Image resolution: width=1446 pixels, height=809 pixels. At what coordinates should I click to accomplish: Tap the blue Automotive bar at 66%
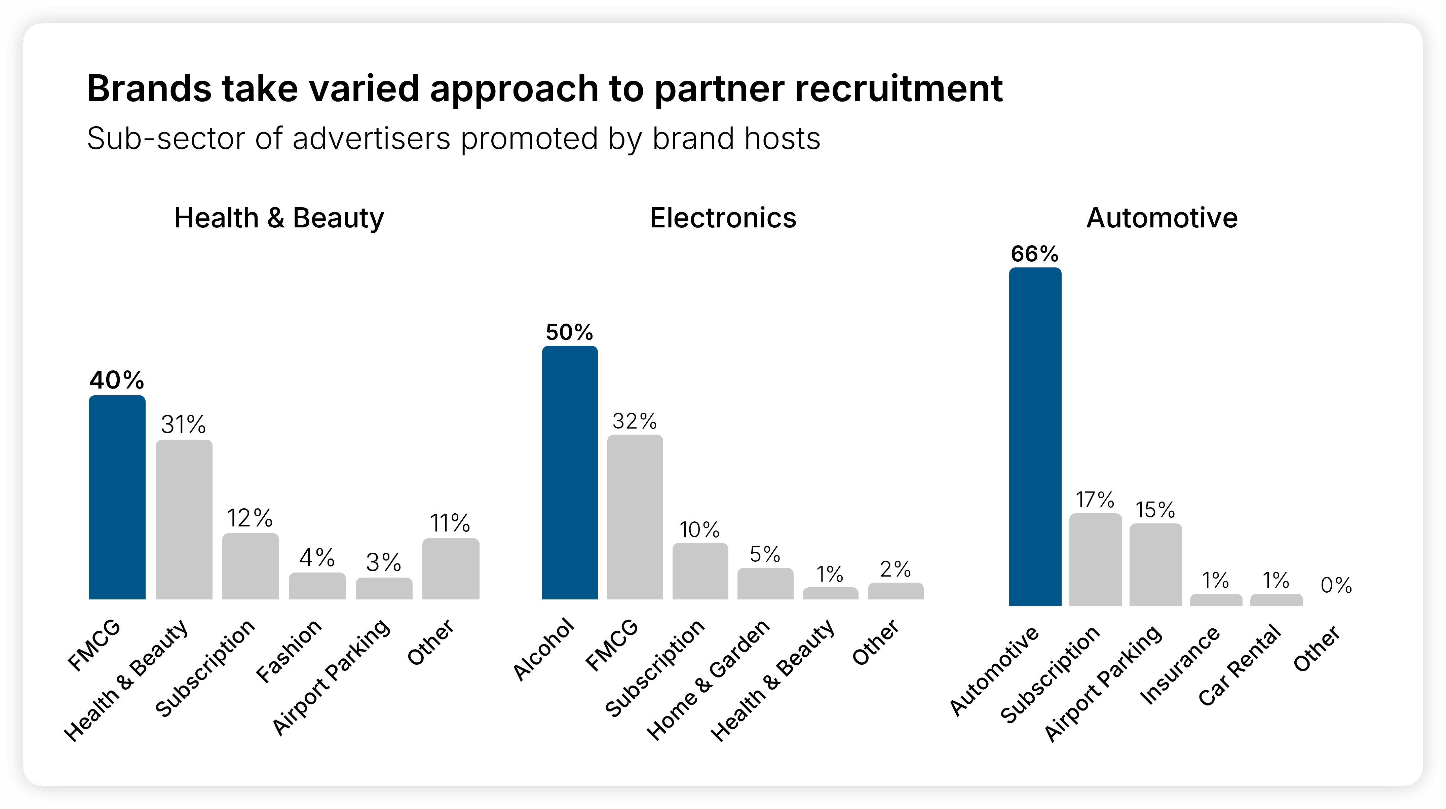point(1035,436)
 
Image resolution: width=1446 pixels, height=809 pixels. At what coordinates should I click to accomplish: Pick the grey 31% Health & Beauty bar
point(184,519)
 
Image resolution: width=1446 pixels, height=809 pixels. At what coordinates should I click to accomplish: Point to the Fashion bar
point(317,586)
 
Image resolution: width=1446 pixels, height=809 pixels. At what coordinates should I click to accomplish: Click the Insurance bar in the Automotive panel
point(1216,599)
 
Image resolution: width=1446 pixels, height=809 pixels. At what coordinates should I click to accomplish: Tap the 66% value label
point(1034,254)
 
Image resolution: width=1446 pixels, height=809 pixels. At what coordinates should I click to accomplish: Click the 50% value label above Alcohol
point(569,332)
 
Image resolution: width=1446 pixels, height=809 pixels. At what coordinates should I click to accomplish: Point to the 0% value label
point(1336,586)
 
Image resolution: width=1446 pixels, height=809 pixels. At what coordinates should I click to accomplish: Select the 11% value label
point(450,523)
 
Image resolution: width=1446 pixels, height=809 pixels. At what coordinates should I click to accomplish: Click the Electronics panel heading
point(723,218)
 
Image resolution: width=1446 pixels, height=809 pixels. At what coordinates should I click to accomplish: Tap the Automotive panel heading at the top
point(1162,218)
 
